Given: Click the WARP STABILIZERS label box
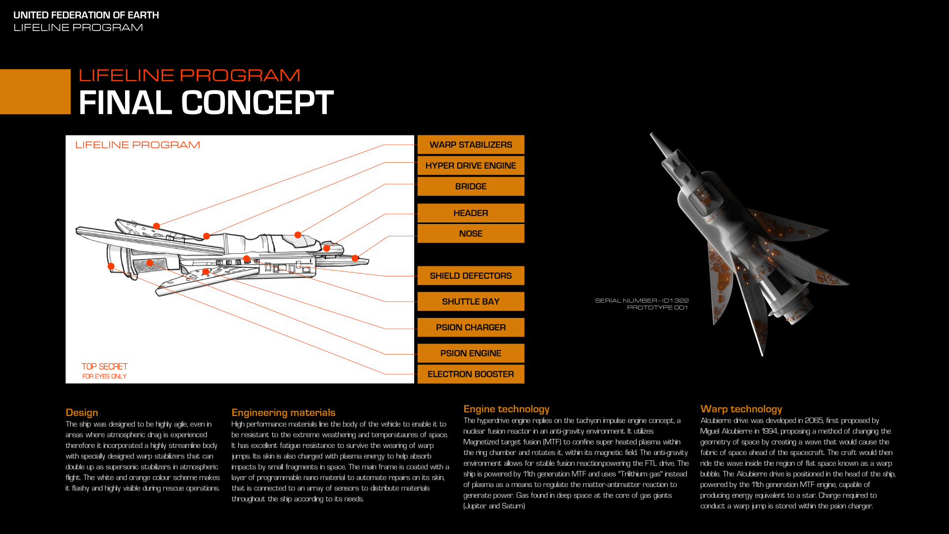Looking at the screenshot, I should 471,145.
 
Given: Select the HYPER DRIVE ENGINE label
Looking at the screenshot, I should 471,166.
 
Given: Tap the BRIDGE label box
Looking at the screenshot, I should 471,186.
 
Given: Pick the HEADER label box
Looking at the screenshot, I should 471,213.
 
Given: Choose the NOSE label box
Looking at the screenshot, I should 471,233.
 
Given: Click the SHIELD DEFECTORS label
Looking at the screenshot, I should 471,276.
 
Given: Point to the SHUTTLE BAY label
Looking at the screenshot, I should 471,302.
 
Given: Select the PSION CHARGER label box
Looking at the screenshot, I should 471,327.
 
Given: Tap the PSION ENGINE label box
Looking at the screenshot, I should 471,353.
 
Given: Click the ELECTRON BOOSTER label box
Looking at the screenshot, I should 471,374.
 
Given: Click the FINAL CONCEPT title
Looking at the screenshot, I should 206,103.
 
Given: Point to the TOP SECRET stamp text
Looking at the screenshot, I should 104,366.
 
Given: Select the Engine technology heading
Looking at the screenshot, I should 506,409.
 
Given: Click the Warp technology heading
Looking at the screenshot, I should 741,409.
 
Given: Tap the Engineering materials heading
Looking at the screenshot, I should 283,412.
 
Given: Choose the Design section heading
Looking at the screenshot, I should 82,412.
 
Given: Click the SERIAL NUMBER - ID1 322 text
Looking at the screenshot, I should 642,301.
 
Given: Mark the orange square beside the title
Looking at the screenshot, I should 35,92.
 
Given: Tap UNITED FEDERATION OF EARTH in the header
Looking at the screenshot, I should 86,15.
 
